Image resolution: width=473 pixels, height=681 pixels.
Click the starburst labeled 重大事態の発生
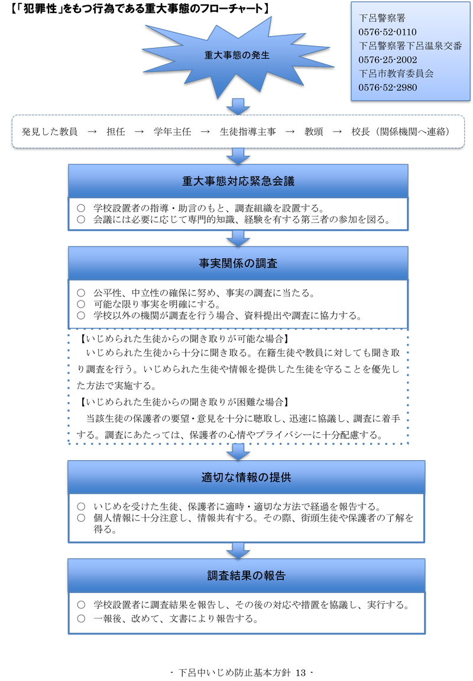click(x=237, y=55)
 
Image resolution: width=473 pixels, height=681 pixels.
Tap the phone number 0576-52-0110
click(x=387, y=32)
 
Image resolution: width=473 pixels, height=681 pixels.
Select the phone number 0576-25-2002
click(x=387, y=60)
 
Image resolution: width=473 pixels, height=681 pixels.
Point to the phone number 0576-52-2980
click(x=387, y=87)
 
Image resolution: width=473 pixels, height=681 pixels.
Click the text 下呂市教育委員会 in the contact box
click(x=396, y=74)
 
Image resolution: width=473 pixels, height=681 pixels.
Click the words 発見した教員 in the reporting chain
click(x=50, y=131)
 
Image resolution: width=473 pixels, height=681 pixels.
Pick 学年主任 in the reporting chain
click(x=172, y=131)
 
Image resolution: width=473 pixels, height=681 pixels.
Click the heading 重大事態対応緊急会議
click(x=238, y=181)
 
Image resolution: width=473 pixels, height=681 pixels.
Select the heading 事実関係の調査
click(x=238, y=263)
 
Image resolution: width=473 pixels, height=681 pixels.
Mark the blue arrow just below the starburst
click(x=238, y=106)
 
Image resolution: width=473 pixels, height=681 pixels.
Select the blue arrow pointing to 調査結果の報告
click(x=238, y=550)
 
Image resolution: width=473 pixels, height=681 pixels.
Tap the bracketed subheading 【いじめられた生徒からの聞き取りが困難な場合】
click(x=183, y=402)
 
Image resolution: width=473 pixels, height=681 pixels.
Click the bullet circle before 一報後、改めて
click(x=82, y=619)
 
